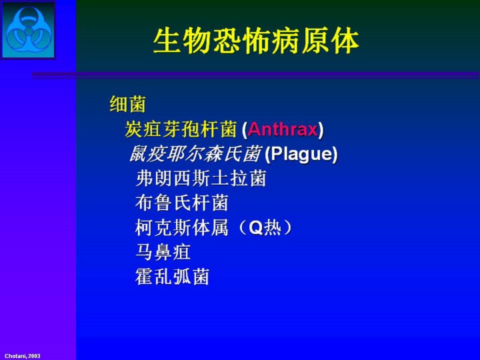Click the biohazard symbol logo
click(x=29, y=30)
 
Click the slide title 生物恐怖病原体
click(x=256, y=41)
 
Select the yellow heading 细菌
click(x=127, y=104)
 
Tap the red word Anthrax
click(x=283, y=129)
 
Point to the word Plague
click(x=301, y=154)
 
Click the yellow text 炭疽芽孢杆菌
click(x=181, y=129)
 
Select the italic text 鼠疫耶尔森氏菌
click(x=195, y=154)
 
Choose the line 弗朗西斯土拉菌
click(x=201, y=178)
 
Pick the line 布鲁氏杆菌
click(x=181, y=203)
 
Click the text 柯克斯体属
click(x=181, y=228)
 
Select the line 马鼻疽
click(x=163, y=252)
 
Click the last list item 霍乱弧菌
click(x=172, y=277)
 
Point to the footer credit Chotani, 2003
click(x=23, y=356)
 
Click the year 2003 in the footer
click(x=34, y=356)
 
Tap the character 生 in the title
click(x=166, y=41)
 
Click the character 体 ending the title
click(x=346, y=41)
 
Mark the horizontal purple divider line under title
click(x=255, y=75)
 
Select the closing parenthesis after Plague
click(x=335, y=154)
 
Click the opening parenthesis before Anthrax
click(x=244, y=130)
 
